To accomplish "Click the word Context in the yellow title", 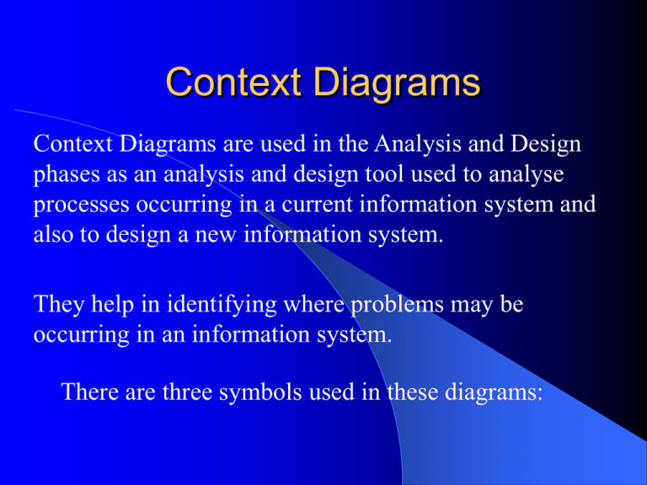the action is click(233, 82).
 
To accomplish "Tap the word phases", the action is click(67, 175).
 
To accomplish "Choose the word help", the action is click(113, 305).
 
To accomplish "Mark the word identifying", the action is click(222, 305).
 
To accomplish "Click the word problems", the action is click(397, 305).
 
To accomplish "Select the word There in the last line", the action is click(89, 391).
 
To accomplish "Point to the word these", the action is click(413, 391).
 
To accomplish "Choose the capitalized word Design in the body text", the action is click(546, 145).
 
